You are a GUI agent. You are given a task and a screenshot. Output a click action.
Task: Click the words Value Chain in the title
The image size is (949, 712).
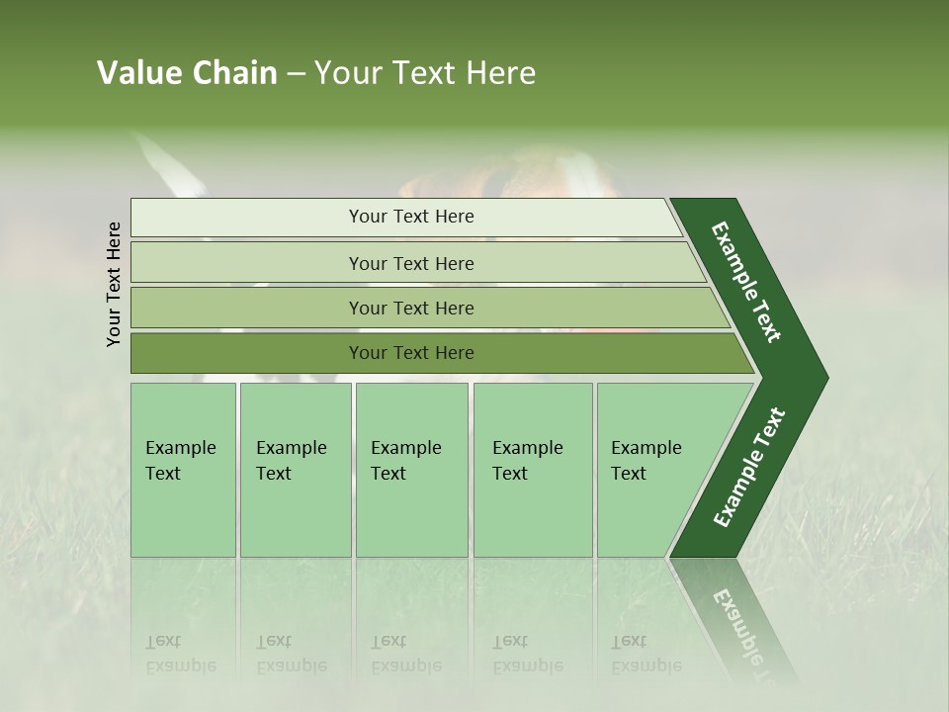(x=187, y=73)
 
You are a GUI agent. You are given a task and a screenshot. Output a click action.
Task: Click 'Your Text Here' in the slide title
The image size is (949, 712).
(x=425, y=73)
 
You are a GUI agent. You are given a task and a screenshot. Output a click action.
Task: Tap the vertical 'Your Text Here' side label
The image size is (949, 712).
(x=114, y=284)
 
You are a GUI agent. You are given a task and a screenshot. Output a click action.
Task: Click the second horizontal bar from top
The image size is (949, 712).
(x=410, y=263)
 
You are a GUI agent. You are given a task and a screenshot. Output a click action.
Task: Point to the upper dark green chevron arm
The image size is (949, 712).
(x=747, y=282)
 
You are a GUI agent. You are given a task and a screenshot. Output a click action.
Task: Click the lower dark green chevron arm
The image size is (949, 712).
(x=748, y=469)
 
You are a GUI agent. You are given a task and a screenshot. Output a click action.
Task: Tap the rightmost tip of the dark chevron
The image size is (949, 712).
(x=822, y=378)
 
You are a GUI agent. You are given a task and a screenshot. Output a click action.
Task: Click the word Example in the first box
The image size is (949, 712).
(x=180, y=448)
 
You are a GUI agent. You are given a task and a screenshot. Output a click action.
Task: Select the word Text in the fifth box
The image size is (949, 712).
(x=629, y=474)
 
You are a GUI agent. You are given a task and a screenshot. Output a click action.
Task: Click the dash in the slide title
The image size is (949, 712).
(x=296, y=74)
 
